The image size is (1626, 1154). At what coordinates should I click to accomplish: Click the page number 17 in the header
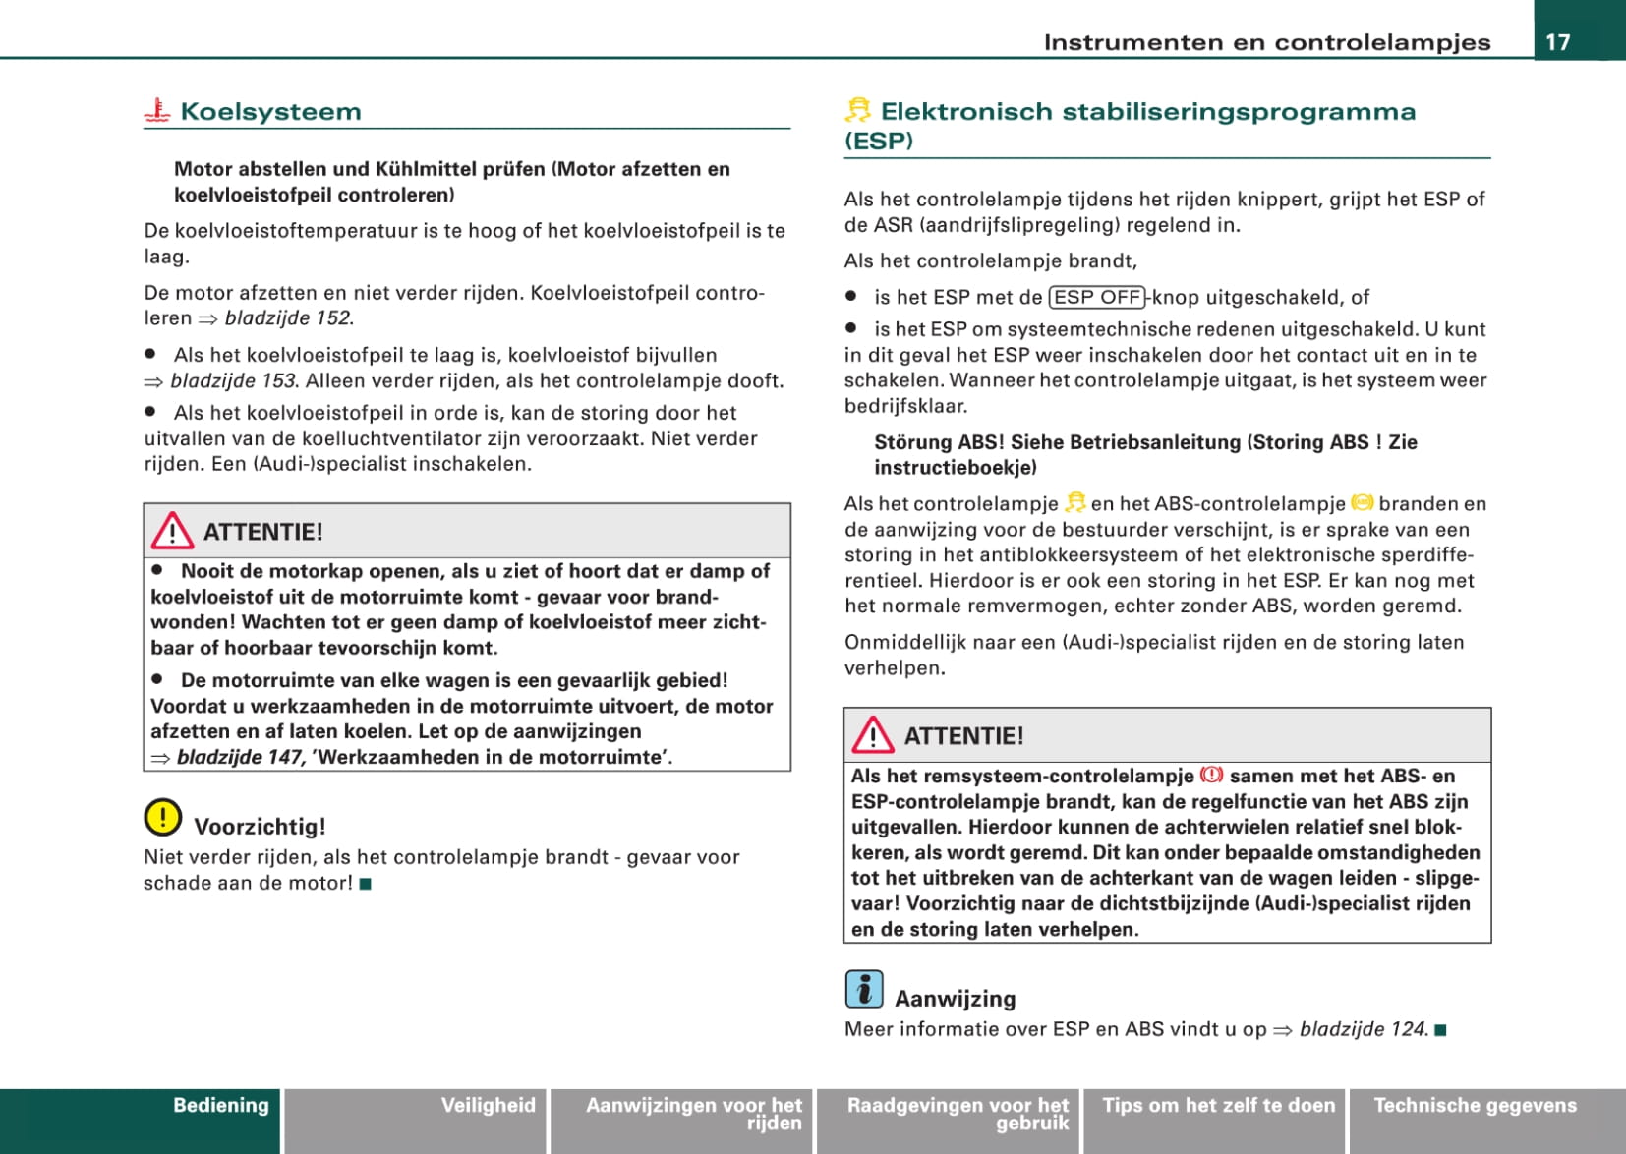[1558, 41]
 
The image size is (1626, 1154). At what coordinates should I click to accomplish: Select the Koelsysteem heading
[270, 111]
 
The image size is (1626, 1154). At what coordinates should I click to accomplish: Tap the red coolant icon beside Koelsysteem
[157, 111]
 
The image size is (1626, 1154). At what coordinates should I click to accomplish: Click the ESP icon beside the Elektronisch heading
[858, 110]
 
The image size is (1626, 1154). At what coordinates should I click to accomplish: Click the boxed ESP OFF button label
[1097, 297]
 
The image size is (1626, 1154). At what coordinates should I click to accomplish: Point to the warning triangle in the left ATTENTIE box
[172, 531]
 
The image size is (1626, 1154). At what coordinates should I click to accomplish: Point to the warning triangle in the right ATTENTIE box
[873, 735]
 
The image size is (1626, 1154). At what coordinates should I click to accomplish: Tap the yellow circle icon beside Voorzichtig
[163, 817]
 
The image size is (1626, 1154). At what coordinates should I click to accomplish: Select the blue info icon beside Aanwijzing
[864, 989]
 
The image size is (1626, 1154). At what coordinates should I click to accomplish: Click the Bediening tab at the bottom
[220, 1106]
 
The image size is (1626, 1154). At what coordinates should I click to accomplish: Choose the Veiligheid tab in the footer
[488, 1106]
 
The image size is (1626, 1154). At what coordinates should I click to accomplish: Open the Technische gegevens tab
[1475, 1106]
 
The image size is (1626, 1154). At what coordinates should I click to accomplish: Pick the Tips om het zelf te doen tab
[1218, 1106]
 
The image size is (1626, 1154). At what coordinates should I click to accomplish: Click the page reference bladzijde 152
[288, 318]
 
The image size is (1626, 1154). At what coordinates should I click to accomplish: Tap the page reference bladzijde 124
[1363, 1029]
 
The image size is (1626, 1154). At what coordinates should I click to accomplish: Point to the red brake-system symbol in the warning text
[1211, 775]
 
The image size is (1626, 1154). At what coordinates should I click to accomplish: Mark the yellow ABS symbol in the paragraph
[1362, 502]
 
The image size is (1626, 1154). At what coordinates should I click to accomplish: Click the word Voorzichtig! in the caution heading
[260, 826]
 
